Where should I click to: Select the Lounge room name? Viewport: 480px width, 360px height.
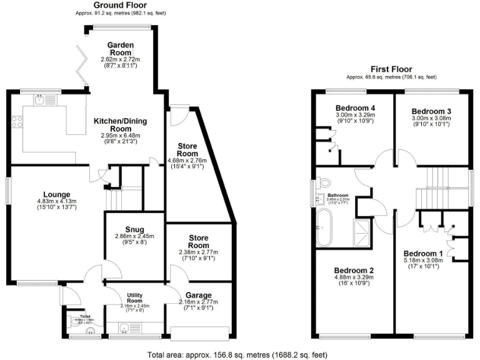[x=56, y=194]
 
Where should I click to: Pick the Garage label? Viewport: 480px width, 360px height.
[x=198, y=296]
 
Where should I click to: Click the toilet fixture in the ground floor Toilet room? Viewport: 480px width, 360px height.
[x=81, y=324]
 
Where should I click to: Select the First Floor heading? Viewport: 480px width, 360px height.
[x=391, y=69]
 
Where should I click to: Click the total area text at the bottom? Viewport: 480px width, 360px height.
[x=237, y=353]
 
